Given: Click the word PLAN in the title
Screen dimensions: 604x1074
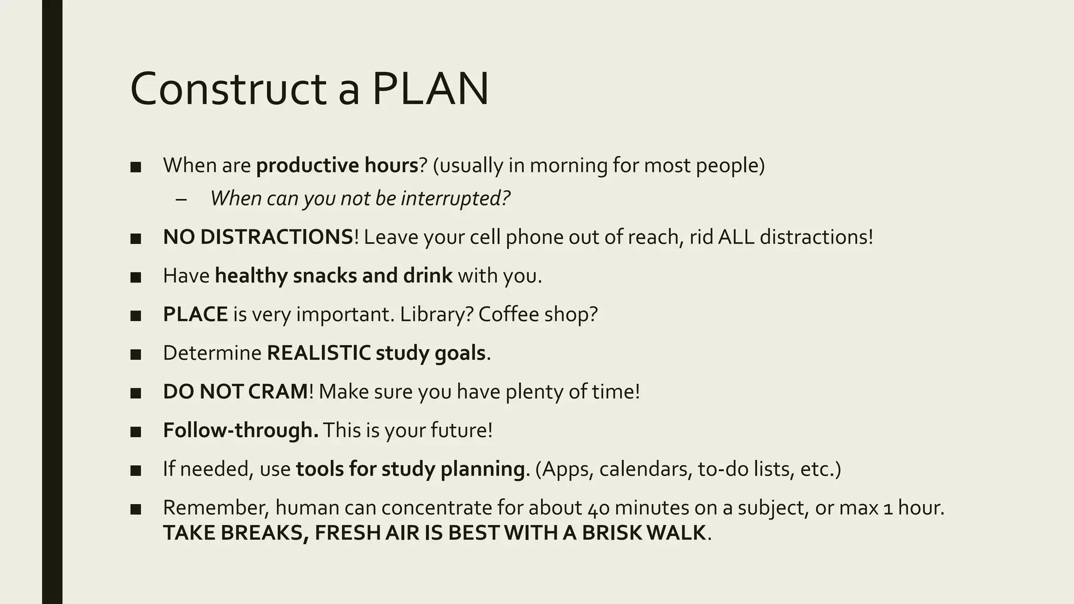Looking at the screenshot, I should point(430,89).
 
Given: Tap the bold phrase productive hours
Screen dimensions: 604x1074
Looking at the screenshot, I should point(337,166).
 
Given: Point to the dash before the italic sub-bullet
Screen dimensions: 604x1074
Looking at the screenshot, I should point(181,199).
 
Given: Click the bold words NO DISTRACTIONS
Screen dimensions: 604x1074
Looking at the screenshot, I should point(258,237).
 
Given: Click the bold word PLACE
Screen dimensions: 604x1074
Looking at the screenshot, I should point(195,315).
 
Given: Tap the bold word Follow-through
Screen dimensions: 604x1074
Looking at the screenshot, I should point(241,430).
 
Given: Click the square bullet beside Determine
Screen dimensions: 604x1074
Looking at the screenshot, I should point(136,354).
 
